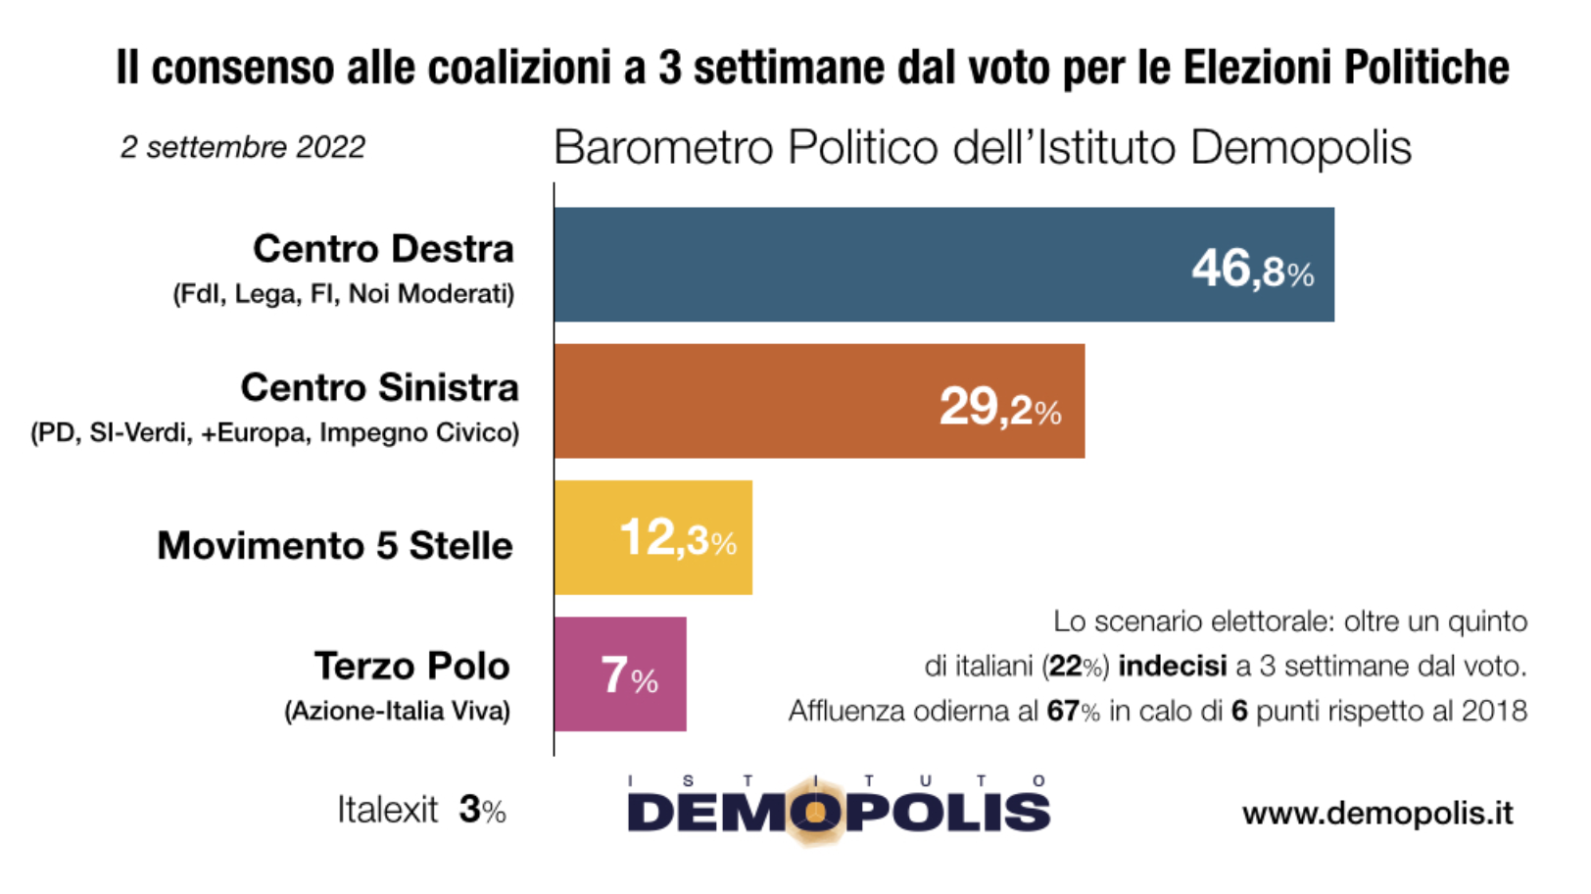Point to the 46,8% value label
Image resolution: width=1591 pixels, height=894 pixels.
[x=1252, y=268]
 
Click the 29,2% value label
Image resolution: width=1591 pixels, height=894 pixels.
[x=999, y=406]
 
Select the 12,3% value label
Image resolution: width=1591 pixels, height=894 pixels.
[x=678, y=538]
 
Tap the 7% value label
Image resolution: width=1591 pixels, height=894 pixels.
[x=629, y=675]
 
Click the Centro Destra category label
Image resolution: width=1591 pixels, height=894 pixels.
[x=383, y=249]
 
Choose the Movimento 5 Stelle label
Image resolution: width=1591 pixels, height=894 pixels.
[x=335, y=545]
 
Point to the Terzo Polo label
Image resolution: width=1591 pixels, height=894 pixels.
[x=411, y=666]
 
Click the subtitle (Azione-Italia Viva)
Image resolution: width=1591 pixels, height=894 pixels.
[x=397, y=710]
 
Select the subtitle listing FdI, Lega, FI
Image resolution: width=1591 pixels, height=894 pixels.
[x=344, y=293]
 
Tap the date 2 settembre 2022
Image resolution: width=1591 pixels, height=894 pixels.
[x=242, y=147]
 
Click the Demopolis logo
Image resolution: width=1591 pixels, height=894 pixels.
[x=838, y=810]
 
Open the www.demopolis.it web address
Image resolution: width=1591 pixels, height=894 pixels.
[x=1377, y=813]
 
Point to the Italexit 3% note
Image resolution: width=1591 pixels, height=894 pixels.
[x=421, y=810]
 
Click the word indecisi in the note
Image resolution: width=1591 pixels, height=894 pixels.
[x=1172, y=667]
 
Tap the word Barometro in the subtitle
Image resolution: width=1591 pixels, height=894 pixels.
[x=662, y=148]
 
